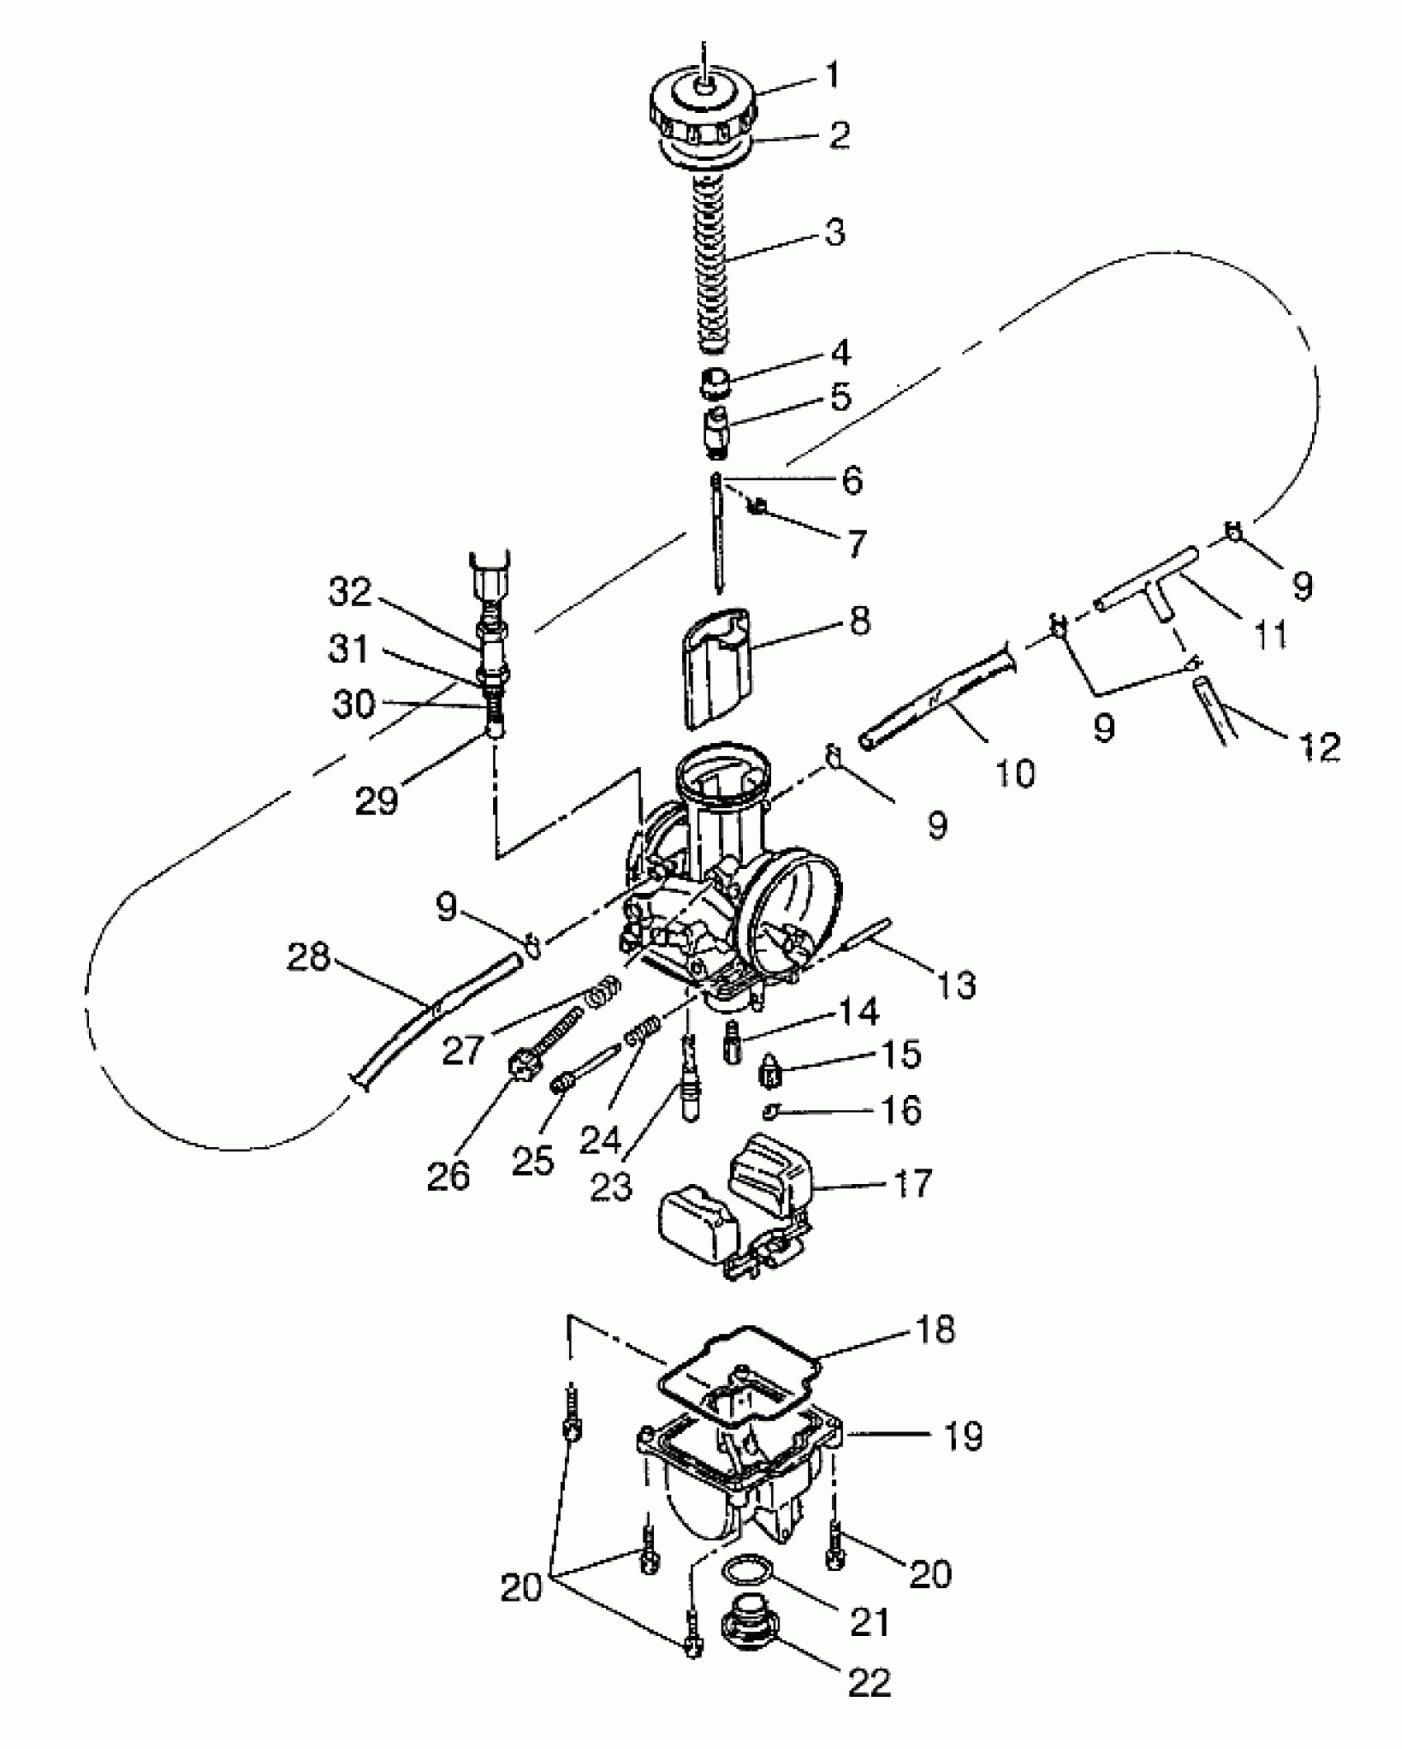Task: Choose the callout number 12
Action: coord(1318,747)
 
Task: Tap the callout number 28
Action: coord(308,958)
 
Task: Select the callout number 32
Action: coord(350,592)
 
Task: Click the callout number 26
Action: coord(449,1177)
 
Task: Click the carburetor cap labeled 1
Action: coord(703,111)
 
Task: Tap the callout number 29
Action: coord(377,799)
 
